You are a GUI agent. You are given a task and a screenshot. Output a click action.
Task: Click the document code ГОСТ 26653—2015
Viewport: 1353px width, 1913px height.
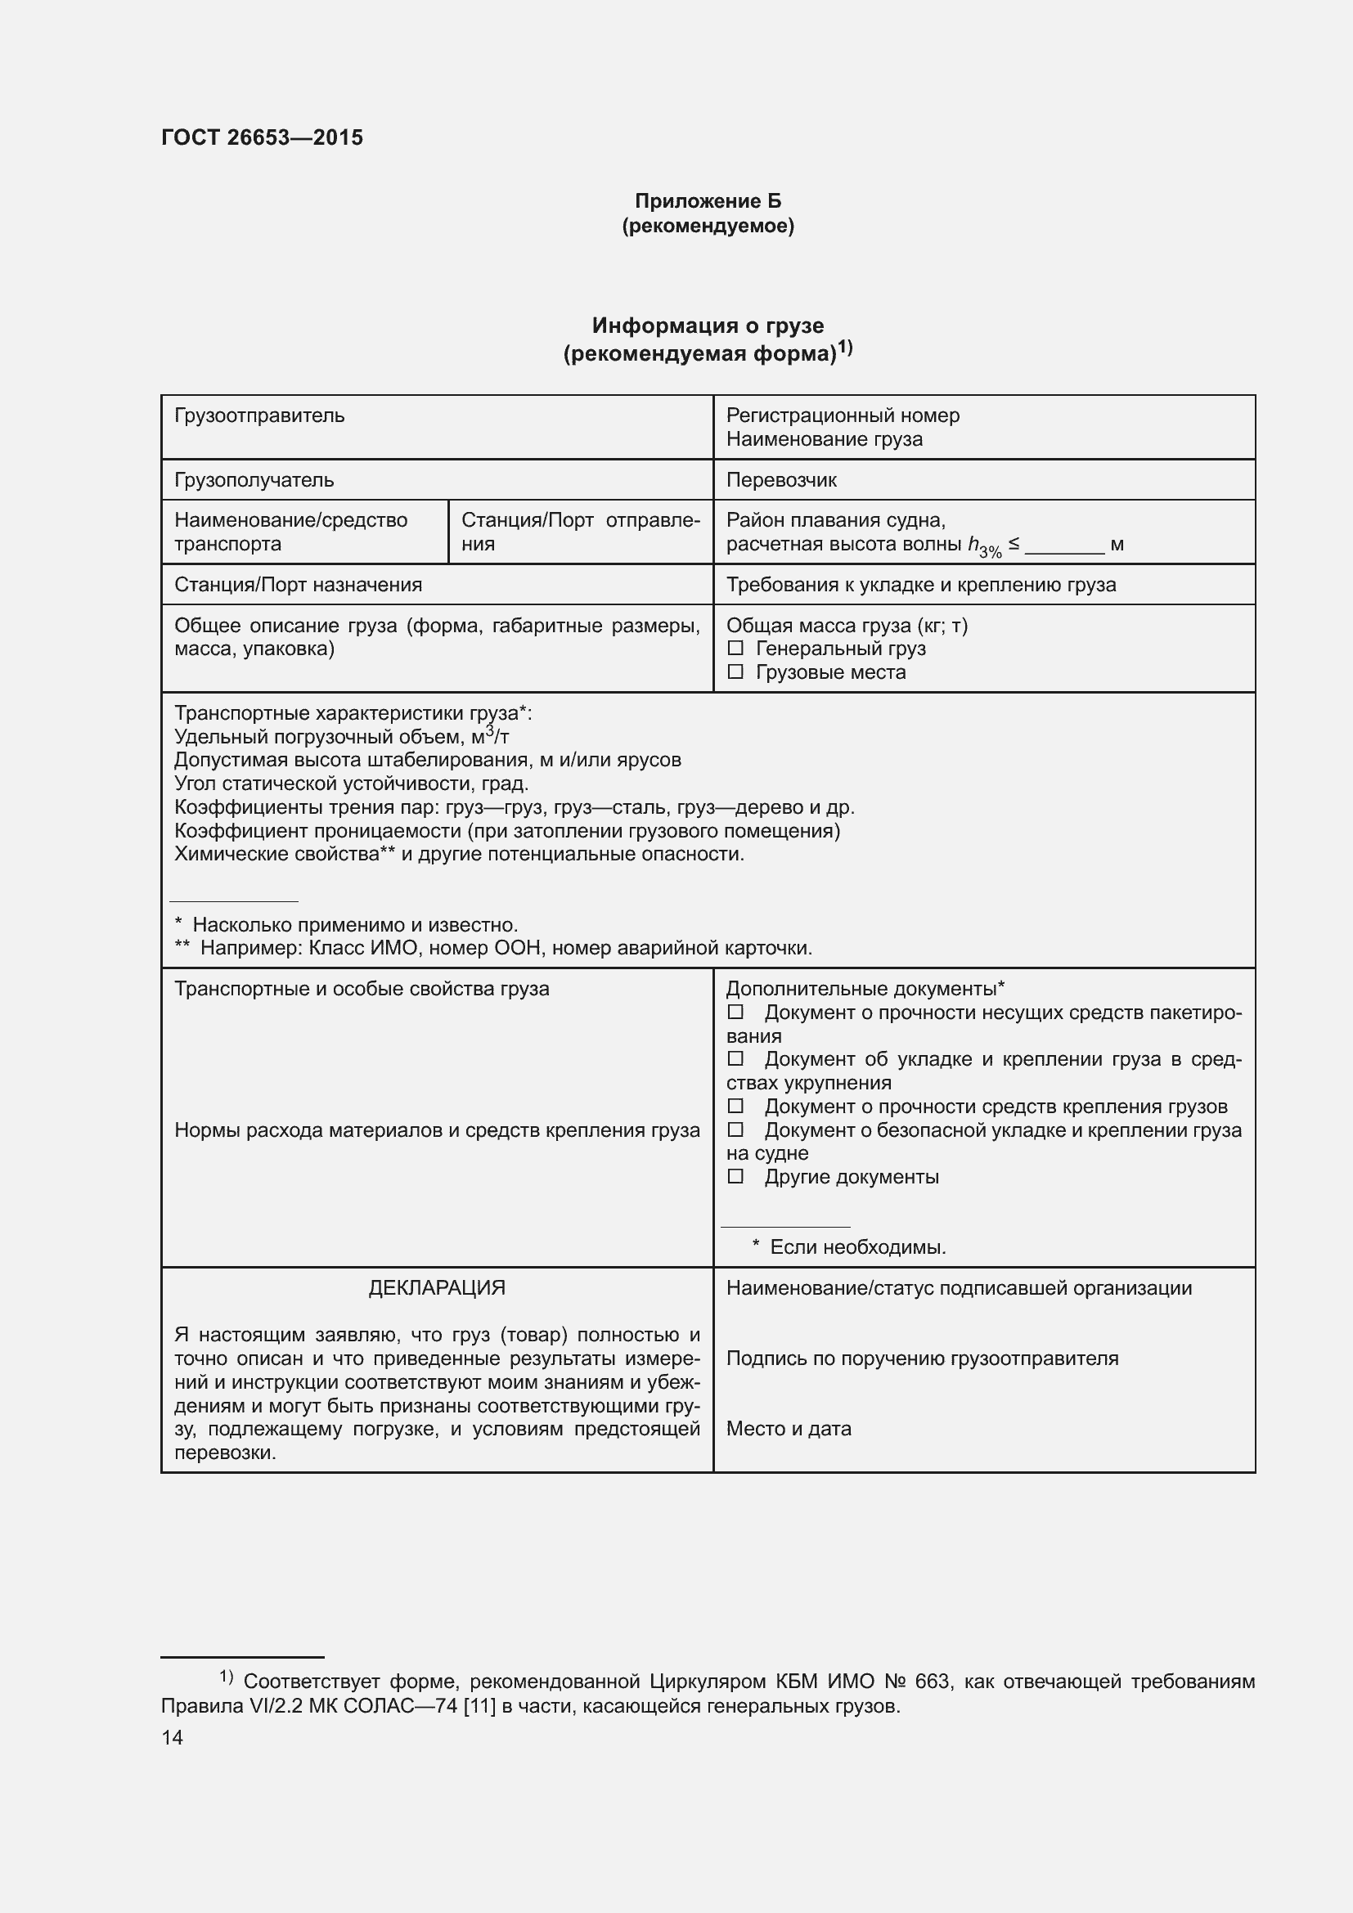[x=262, y=137]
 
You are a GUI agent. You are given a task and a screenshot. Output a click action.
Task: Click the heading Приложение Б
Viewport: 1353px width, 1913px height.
[x=708, y=201]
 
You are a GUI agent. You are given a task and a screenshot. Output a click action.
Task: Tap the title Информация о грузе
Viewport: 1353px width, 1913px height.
[x=708, y=325]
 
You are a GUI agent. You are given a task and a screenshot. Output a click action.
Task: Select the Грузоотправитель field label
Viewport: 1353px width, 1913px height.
[x=259, y=415]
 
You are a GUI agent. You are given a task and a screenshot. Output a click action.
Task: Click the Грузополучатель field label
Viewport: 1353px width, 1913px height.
[x=254, y=480]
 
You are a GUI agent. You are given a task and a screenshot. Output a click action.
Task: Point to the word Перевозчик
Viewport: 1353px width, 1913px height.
[x=780, y=480]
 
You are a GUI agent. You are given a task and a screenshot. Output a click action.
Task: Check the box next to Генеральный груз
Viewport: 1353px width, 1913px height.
[x=735, y=649]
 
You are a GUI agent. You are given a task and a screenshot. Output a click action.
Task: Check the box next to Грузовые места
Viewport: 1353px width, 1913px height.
[x=735, y=671]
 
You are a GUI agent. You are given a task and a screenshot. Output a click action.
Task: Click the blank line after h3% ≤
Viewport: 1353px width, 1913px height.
[x=1064, y=546]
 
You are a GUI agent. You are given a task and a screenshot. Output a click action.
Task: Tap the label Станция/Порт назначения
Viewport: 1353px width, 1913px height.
[x=298, y=584]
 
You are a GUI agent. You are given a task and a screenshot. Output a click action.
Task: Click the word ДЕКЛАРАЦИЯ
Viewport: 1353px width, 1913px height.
[x=437, y=1287]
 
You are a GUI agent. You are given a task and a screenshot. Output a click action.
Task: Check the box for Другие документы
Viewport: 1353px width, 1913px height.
[x=735, y=1176]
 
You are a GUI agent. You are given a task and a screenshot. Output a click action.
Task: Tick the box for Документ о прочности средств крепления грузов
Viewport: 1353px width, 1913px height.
[x=735, y=1107]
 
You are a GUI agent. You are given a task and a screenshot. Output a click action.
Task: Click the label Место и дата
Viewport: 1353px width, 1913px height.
[x=788, y=1428]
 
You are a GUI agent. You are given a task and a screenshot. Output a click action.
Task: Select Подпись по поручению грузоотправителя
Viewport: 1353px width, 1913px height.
[x=921, y=1358]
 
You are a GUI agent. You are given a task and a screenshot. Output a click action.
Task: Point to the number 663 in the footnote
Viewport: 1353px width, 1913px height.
[x=933, y=1682]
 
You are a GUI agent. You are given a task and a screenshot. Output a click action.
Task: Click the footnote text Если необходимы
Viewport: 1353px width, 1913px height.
[x=856, y=1247]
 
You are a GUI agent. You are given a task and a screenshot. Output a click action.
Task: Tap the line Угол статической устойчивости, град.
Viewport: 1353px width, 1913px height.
[x=351, y=784]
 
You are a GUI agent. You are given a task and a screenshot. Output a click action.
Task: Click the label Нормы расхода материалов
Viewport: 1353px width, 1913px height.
[x=437, y=1129]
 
